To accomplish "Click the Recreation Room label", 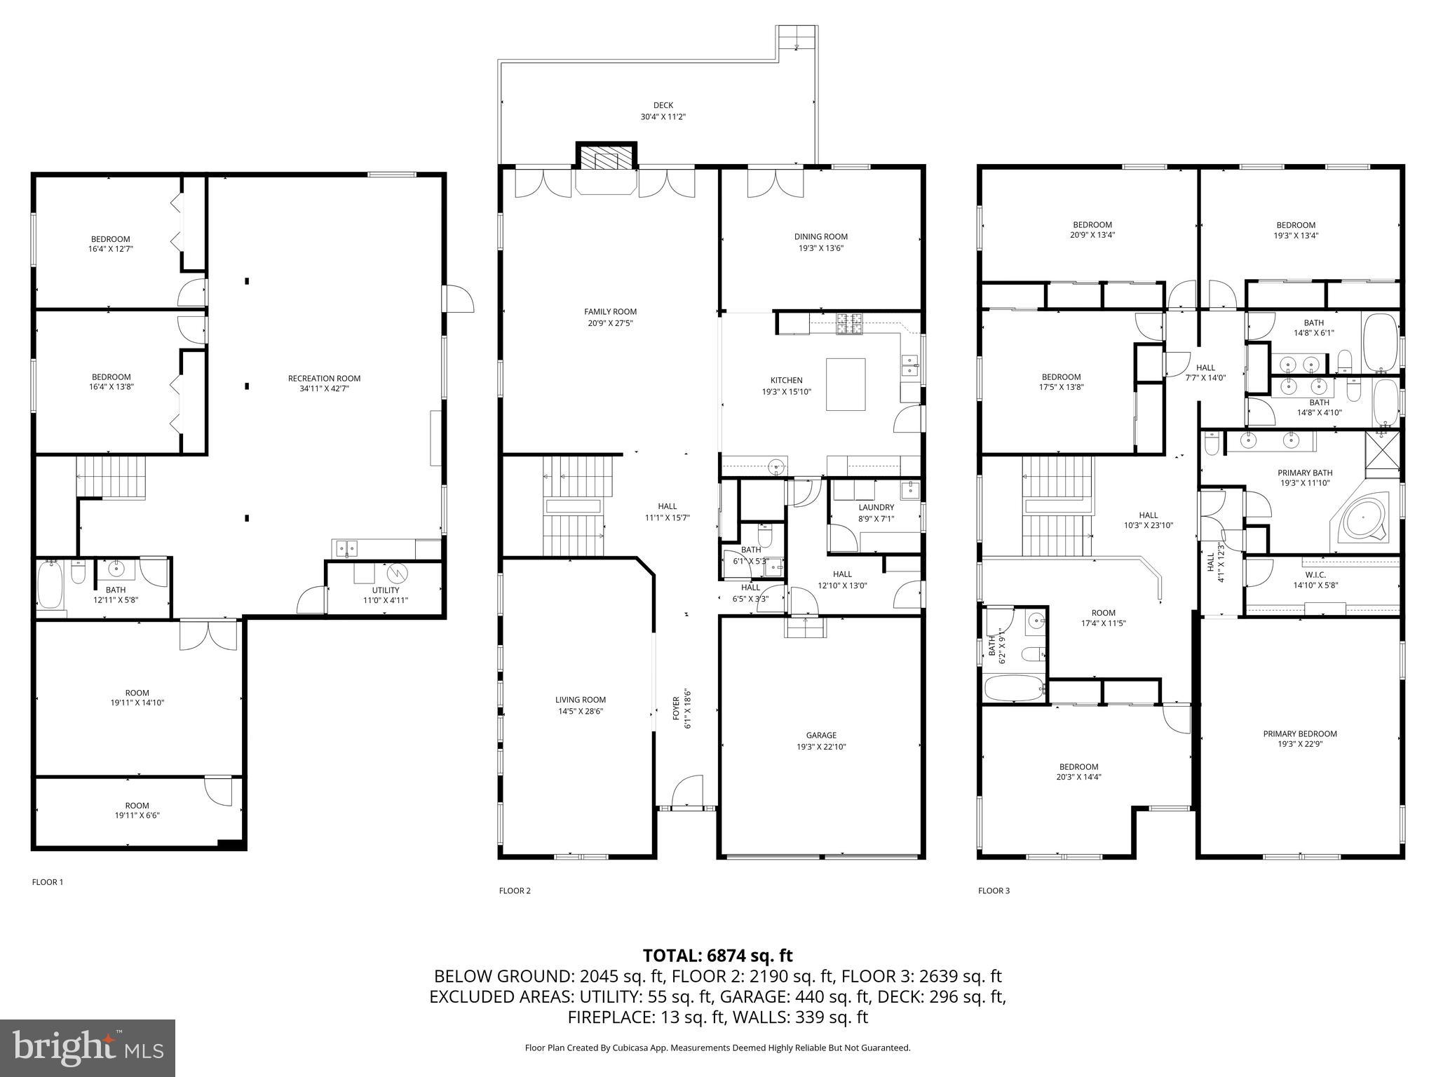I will click(x=324, y=379).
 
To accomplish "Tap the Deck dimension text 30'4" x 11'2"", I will click(x=663, y=117).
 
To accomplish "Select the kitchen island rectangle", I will click(x=845, y=384).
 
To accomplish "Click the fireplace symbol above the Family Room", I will click(x=607, y=160).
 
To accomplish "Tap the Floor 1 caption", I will click(x=48, y=882).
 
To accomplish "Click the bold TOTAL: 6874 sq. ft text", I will click(x=717, y=956).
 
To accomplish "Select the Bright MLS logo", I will click(x=88, y=1048).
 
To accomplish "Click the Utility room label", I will click(x=386, y=590).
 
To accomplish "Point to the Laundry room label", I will click(x=876, y=508).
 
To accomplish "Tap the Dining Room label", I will click(x=820, y=237).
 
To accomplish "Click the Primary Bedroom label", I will click(x=1299, y=734).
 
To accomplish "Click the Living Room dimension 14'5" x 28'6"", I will click(x=580, y=711).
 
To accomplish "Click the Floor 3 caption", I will click(x=994, y=890).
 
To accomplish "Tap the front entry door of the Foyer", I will click(x=686, y=792).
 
